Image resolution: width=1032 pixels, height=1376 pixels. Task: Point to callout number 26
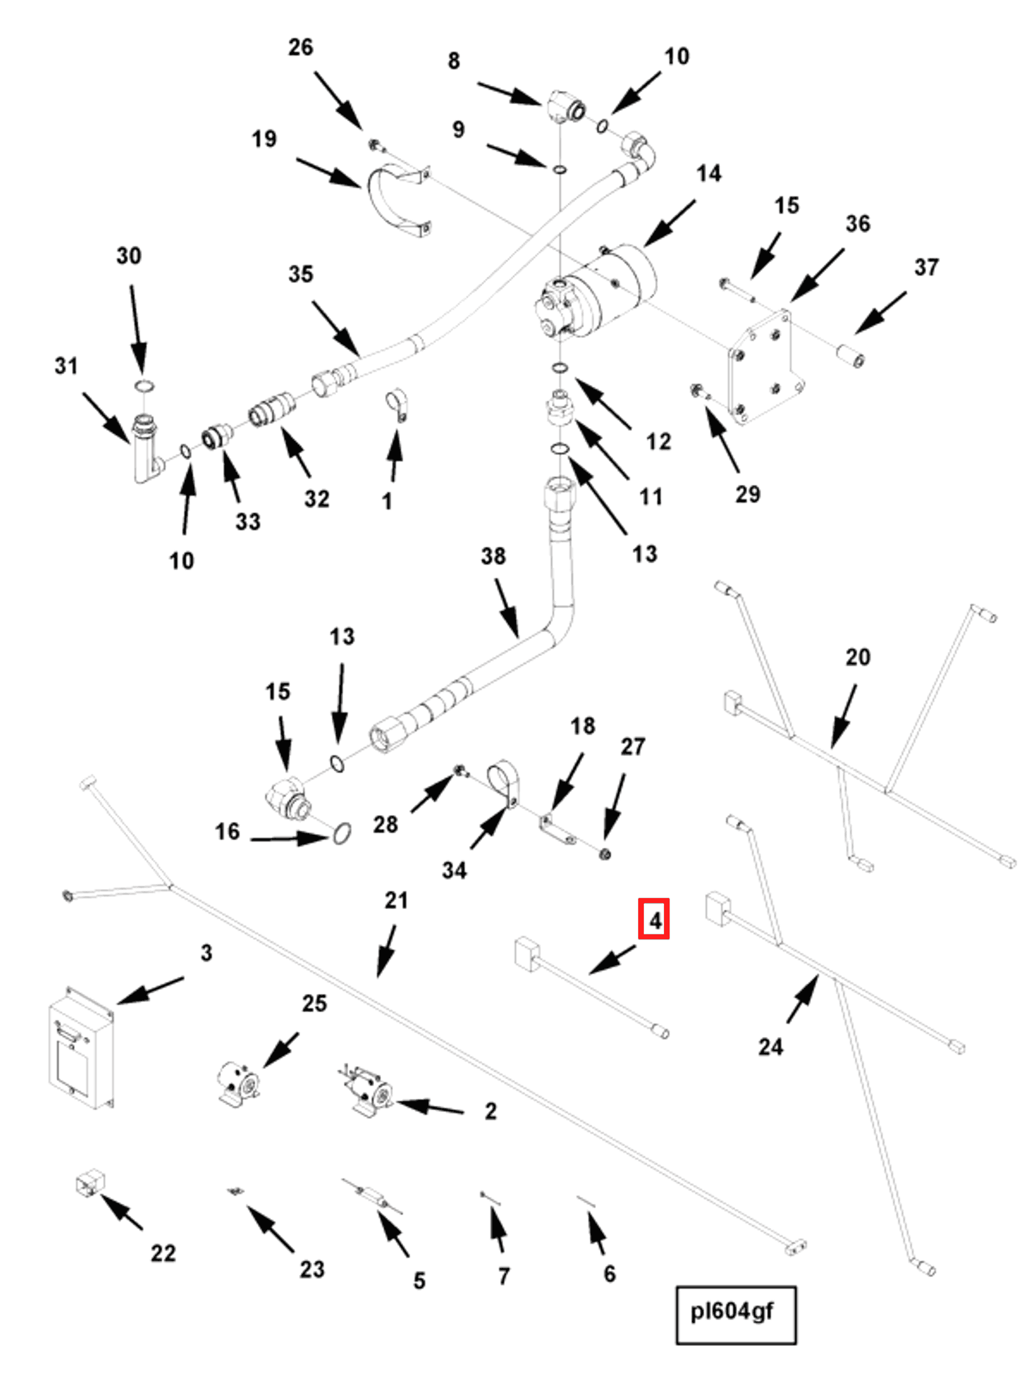coord(300,47)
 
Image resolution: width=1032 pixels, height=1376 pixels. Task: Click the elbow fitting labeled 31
coord(147,448)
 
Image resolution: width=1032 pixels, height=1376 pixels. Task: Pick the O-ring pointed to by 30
coord(144,386)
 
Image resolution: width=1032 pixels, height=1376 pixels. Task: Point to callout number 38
coord(493,556)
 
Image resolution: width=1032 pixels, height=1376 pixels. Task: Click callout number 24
coord(770,1046)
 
